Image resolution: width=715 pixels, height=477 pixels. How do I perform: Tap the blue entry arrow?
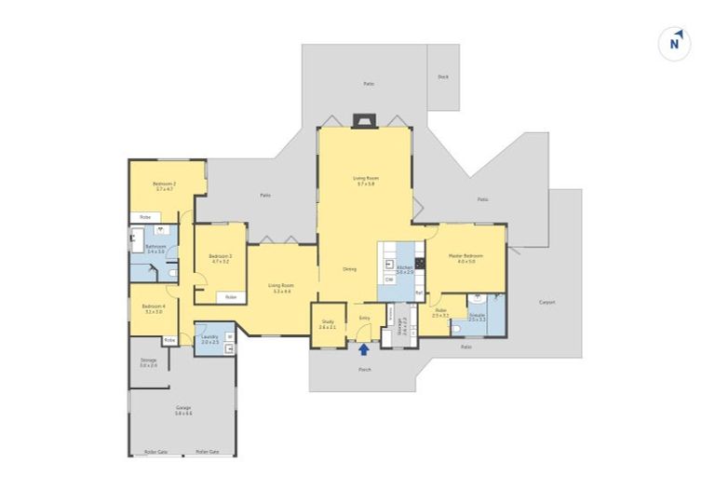[x=364, y=349]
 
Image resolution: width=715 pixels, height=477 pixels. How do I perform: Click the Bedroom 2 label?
[x=164, y=185]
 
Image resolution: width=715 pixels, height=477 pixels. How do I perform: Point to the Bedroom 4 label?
[x=154, y=307]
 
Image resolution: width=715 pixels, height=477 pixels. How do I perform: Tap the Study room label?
[x=327, y=323]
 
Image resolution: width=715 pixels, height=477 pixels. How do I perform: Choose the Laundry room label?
[x=209, y=338]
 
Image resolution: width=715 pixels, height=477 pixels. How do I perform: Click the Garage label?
[x=183, y=408]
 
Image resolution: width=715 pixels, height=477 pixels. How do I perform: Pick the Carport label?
[x=546, y=302]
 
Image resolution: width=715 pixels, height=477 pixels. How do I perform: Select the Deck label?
[x=443, y=77]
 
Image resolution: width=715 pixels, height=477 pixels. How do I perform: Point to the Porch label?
[x=364, y=370]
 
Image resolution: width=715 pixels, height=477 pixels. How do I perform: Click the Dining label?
[x=349, y=269]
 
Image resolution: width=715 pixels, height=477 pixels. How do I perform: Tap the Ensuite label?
[x=478, y=315]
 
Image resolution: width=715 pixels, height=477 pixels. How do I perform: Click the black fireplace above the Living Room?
[x=362, y=119]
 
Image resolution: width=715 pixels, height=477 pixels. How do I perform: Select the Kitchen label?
[x=404, y=268]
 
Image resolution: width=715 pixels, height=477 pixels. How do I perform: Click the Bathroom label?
[x=155, y=248]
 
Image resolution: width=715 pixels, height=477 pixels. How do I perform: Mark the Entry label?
[x=364, y=318]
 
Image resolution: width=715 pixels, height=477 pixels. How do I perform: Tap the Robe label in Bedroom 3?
[x=230, y=297]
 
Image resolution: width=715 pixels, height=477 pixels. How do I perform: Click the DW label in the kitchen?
[x=389, y=279]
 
